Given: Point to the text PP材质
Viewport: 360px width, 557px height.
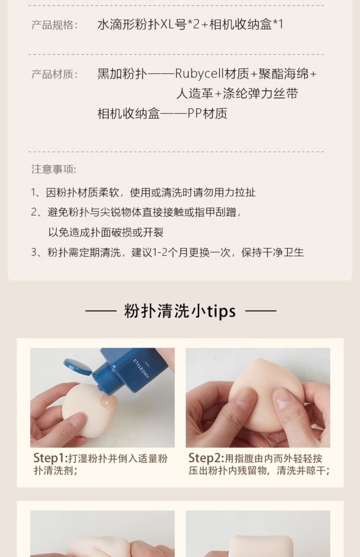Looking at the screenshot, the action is tap(207, 113).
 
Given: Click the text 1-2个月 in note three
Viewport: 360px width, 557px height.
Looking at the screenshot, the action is tap(171, 252).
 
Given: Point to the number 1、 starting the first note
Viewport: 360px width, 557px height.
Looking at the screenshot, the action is tap(36, 192).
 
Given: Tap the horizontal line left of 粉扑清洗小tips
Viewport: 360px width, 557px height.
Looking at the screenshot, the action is tap(101, 311).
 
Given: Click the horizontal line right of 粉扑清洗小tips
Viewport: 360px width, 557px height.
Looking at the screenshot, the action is tap(261, 311).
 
